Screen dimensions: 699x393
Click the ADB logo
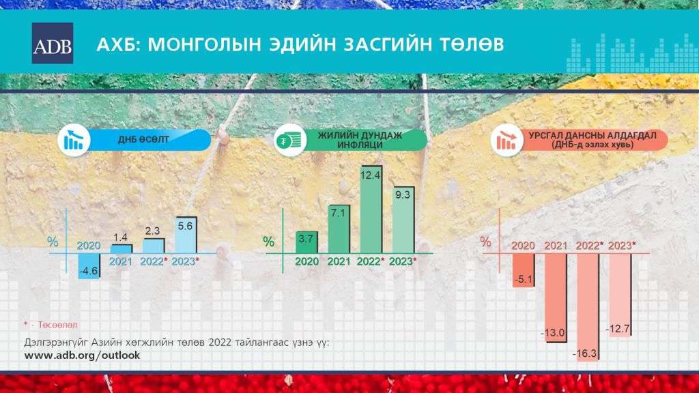(53, 43)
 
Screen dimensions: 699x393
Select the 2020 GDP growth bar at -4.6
(89, 266)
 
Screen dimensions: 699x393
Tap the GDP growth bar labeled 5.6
(186, 235)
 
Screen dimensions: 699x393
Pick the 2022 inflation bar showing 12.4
(371, 210)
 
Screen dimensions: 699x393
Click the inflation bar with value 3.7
(306, 242)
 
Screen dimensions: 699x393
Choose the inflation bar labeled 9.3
(403, 220)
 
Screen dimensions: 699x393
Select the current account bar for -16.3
(588, 307)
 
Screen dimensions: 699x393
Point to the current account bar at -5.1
(524, 270)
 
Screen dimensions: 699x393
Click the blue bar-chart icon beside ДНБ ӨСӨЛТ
(74, 140)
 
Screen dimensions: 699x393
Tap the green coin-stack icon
(289, 141)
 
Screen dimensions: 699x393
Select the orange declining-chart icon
(507, 141)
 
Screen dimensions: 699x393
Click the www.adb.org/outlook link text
(82, 355)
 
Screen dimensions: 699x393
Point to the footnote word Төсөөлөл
(57, 325)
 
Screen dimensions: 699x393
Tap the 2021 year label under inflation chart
(339, 261)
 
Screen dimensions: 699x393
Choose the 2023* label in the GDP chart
(186, 261)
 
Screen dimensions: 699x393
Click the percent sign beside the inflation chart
(268, 242)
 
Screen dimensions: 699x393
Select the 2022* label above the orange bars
(589, 246)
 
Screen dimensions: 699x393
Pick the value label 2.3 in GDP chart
(152, 231)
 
